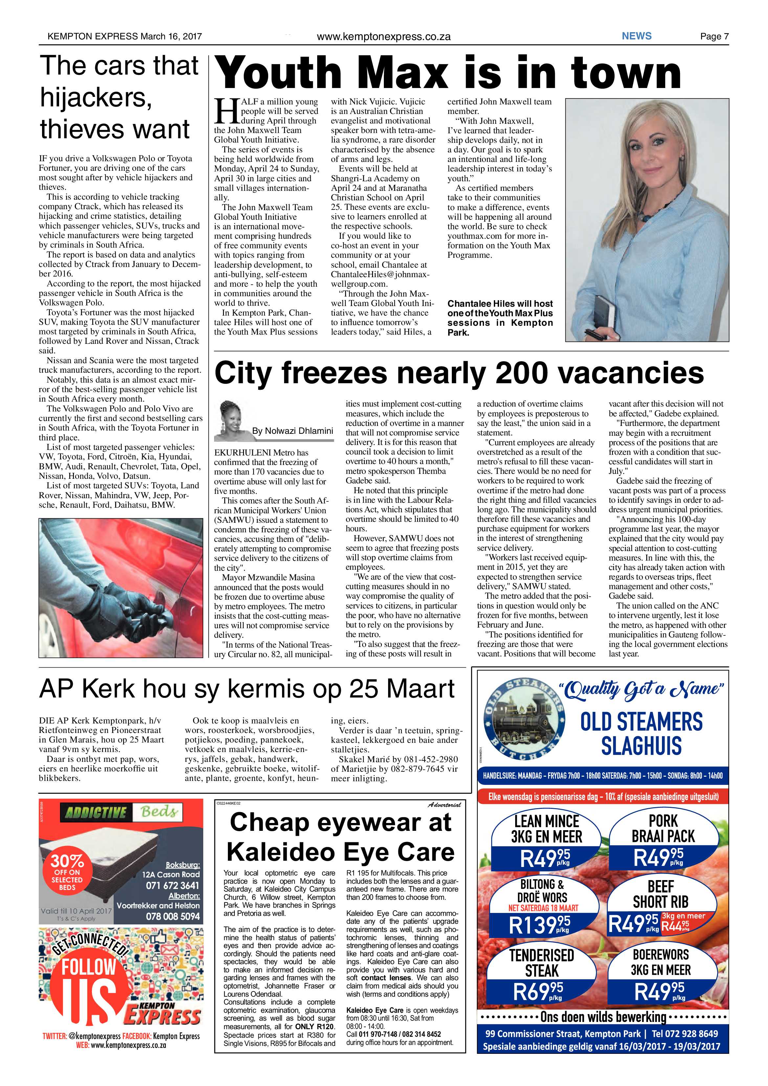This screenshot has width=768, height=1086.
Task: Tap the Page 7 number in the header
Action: [714, 36]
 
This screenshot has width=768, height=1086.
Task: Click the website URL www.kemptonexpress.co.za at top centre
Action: [383, 36]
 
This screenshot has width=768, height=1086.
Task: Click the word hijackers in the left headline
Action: [95, 98]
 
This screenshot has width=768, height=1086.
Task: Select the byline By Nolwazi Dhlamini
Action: [292, 431]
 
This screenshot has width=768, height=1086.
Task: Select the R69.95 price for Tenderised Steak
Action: [538, 990]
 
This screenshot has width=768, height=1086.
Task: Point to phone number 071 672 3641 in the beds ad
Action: [172, 885]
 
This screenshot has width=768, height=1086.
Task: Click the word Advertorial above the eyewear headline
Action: [444, 805]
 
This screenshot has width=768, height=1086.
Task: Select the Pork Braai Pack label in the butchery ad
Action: [663, 828]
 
